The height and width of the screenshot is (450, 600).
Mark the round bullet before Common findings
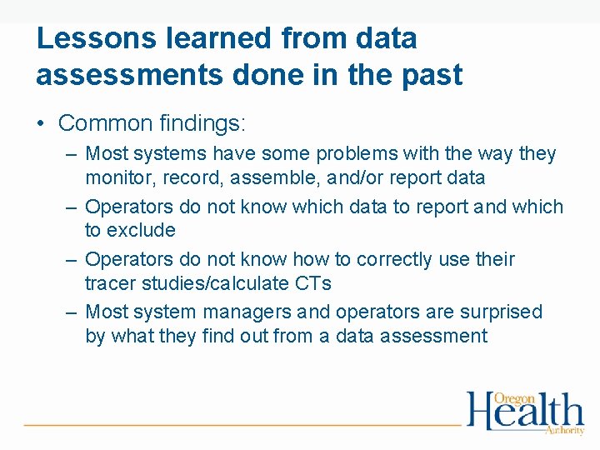click(41, 124)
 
